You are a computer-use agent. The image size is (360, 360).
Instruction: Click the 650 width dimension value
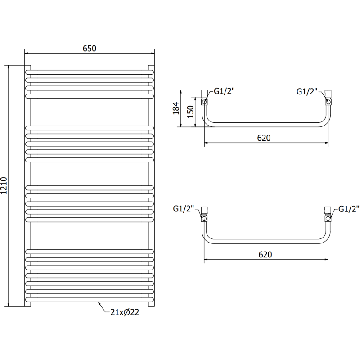point(89,48)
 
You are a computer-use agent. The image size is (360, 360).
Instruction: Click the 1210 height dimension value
point(4,184)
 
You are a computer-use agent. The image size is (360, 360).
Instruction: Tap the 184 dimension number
point(177,108)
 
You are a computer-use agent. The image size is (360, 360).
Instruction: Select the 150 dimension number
point(190,111)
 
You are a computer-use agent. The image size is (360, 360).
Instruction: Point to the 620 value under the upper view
point(264,138)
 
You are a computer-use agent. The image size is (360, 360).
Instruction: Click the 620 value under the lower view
point(265,254)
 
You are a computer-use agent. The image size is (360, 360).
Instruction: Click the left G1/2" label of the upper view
point(224,91)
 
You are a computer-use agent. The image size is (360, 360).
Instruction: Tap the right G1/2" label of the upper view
point(307,91)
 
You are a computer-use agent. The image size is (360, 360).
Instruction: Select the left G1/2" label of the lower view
point(183,209)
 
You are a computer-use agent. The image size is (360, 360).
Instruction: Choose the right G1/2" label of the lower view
point(349,209)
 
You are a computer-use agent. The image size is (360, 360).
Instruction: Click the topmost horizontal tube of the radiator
point(89,72)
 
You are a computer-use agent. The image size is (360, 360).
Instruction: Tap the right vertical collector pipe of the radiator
point(151,184)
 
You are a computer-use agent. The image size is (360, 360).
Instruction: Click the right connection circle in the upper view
point(328,103)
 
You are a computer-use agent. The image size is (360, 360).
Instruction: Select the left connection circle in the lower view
point(204,219)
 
